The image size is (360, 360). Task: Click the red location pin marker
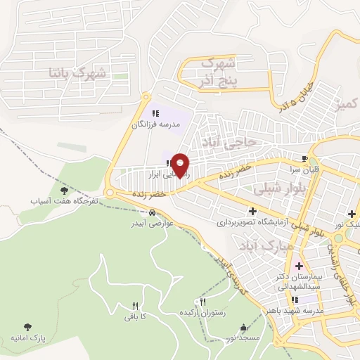point(181,165)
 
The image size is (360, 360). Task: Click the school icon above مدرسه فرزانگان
point(156,112)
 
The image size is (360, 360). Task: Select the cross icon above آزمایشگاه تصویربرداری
point(252,211)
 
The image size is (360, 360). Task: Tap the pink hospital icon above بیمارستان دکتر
point(299,266)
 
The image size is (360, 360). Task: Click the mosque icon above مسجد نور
point(244,327)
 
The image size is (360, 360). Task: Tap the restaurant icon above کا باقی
point(134,306)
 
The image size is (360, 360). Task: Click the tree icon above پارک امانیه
point(28,327)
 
